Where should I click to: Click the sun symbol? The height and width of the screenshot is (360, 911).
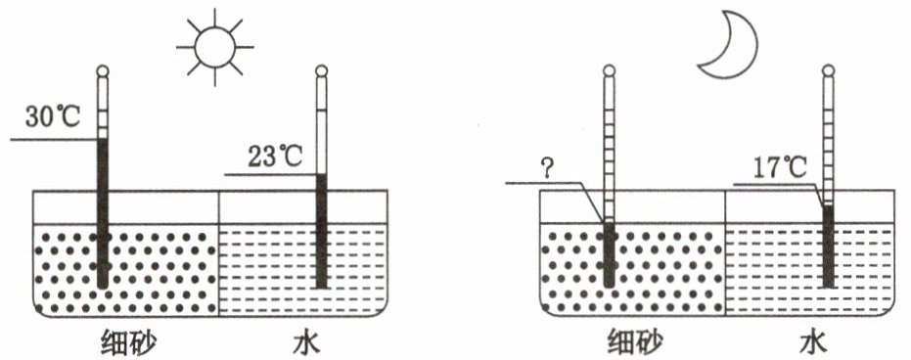tap(215, 46)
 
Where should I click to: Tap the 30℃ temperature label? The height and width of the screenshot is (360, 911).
tap(52, 116)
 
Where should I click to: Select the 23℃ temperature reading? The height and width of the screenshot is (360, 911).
tap(275, 157)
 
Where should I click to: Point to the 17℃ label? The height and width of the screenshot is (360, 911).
tap(779, 168)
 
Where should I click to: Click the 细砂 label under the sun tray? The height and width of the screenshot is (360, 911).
tap(128, 342)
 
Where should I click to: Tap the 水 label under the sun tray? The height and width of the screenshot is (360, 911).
tap(306, 342)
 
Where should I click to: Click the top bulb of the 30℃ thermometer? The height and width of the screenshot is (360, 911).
tap(103, 71)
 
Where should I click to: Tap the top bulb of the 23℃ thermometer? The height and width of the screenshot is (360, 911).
tap(321, 71)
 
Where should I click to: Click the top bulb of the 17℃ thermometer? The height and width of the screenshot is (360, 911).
tap(828, 71)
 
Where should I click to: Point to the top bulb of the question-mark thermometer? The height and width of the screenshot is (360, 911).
tap(609, 71)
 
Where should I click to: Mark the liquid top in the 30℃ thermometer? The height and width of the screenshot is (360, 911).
tap(103, 140)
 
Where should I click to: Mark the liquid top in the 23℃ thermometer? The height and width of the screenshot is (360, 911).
tap(321, 174)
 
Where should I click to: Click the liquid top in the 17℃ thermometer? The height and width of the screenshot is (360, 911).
tap(828, 205)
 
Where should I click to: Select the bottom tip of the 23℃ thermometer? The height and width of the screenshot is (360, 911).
tap(321, 288)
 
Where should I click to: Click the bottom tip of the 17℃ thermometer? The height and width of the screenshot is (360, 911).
tap(828, 288)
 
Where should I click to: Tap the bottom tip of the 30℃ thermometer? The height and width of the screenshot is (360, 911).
tap(103, 288)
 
